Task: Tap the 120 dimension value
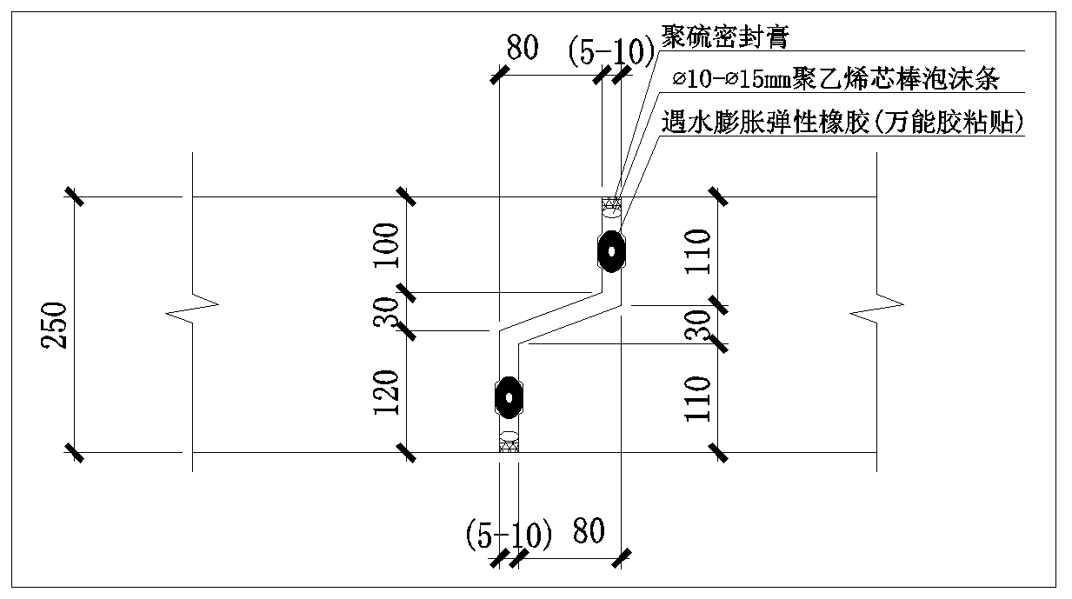coord(389,391)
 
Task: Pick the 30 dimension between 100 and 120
coord(389,310)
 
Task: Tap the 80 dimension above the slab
coord(523,48)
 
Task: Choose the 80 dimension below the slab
coord(589,530)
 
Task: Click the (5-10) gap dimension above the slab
coord(610,52)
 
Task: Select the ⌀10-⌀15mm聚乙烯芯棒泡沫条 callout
coord(838,80)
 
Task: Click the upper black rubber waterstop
coord(612,251)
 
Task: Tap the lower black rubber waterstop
coord(508,397)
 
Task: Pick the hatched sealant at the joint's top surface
coord(612,204)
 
